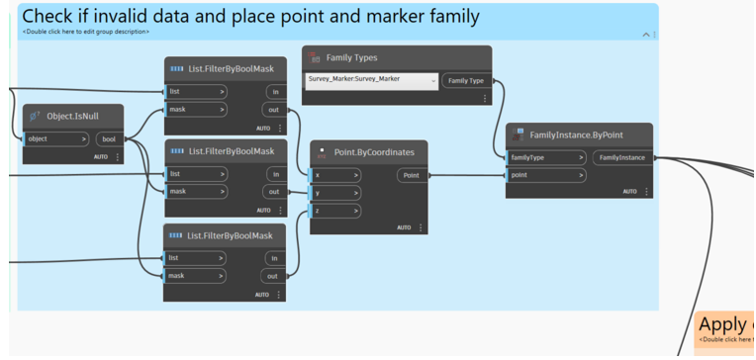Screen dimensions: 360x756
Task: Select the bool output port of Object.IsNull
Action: coord(109,139)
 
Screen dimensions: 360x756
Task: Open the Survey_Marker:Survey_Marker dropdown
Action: coord(371,80)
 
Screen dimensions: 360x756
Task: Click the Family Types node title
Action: coord(351,57)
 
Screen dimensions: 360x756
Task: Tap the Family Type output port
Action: coord(466,80)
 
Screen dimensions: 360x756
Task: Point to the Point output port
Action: coord(411,175)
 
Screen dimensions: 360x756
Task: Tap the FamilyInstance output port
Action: coord(621,157)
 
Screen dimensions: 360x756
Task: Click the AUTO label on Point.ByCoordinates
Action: coord(404,227)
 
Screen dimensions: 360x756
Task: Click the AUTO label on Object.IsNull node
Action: coord(101,157)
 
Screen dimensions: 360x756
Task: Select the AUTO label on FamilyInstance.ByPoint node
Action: coord(629,192)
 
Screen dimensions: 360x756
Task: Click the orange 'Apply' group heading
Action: coord(725,324)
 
